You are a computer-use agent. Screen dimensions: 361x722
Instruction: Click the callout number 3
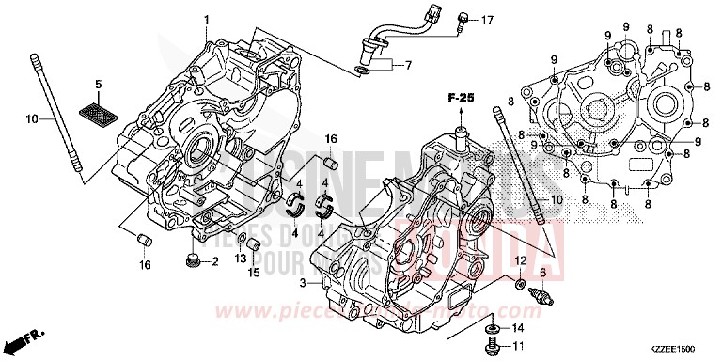302,283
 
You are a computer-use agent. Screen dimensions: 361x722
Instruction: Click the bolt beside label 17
463,21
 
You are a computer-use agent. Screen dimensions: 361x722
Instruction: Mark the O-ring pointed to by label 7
362,70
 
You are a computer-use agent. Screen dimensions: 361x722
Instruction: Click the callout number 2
214,261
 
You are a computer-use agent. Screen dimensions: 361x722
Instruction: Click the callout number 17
487,21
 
